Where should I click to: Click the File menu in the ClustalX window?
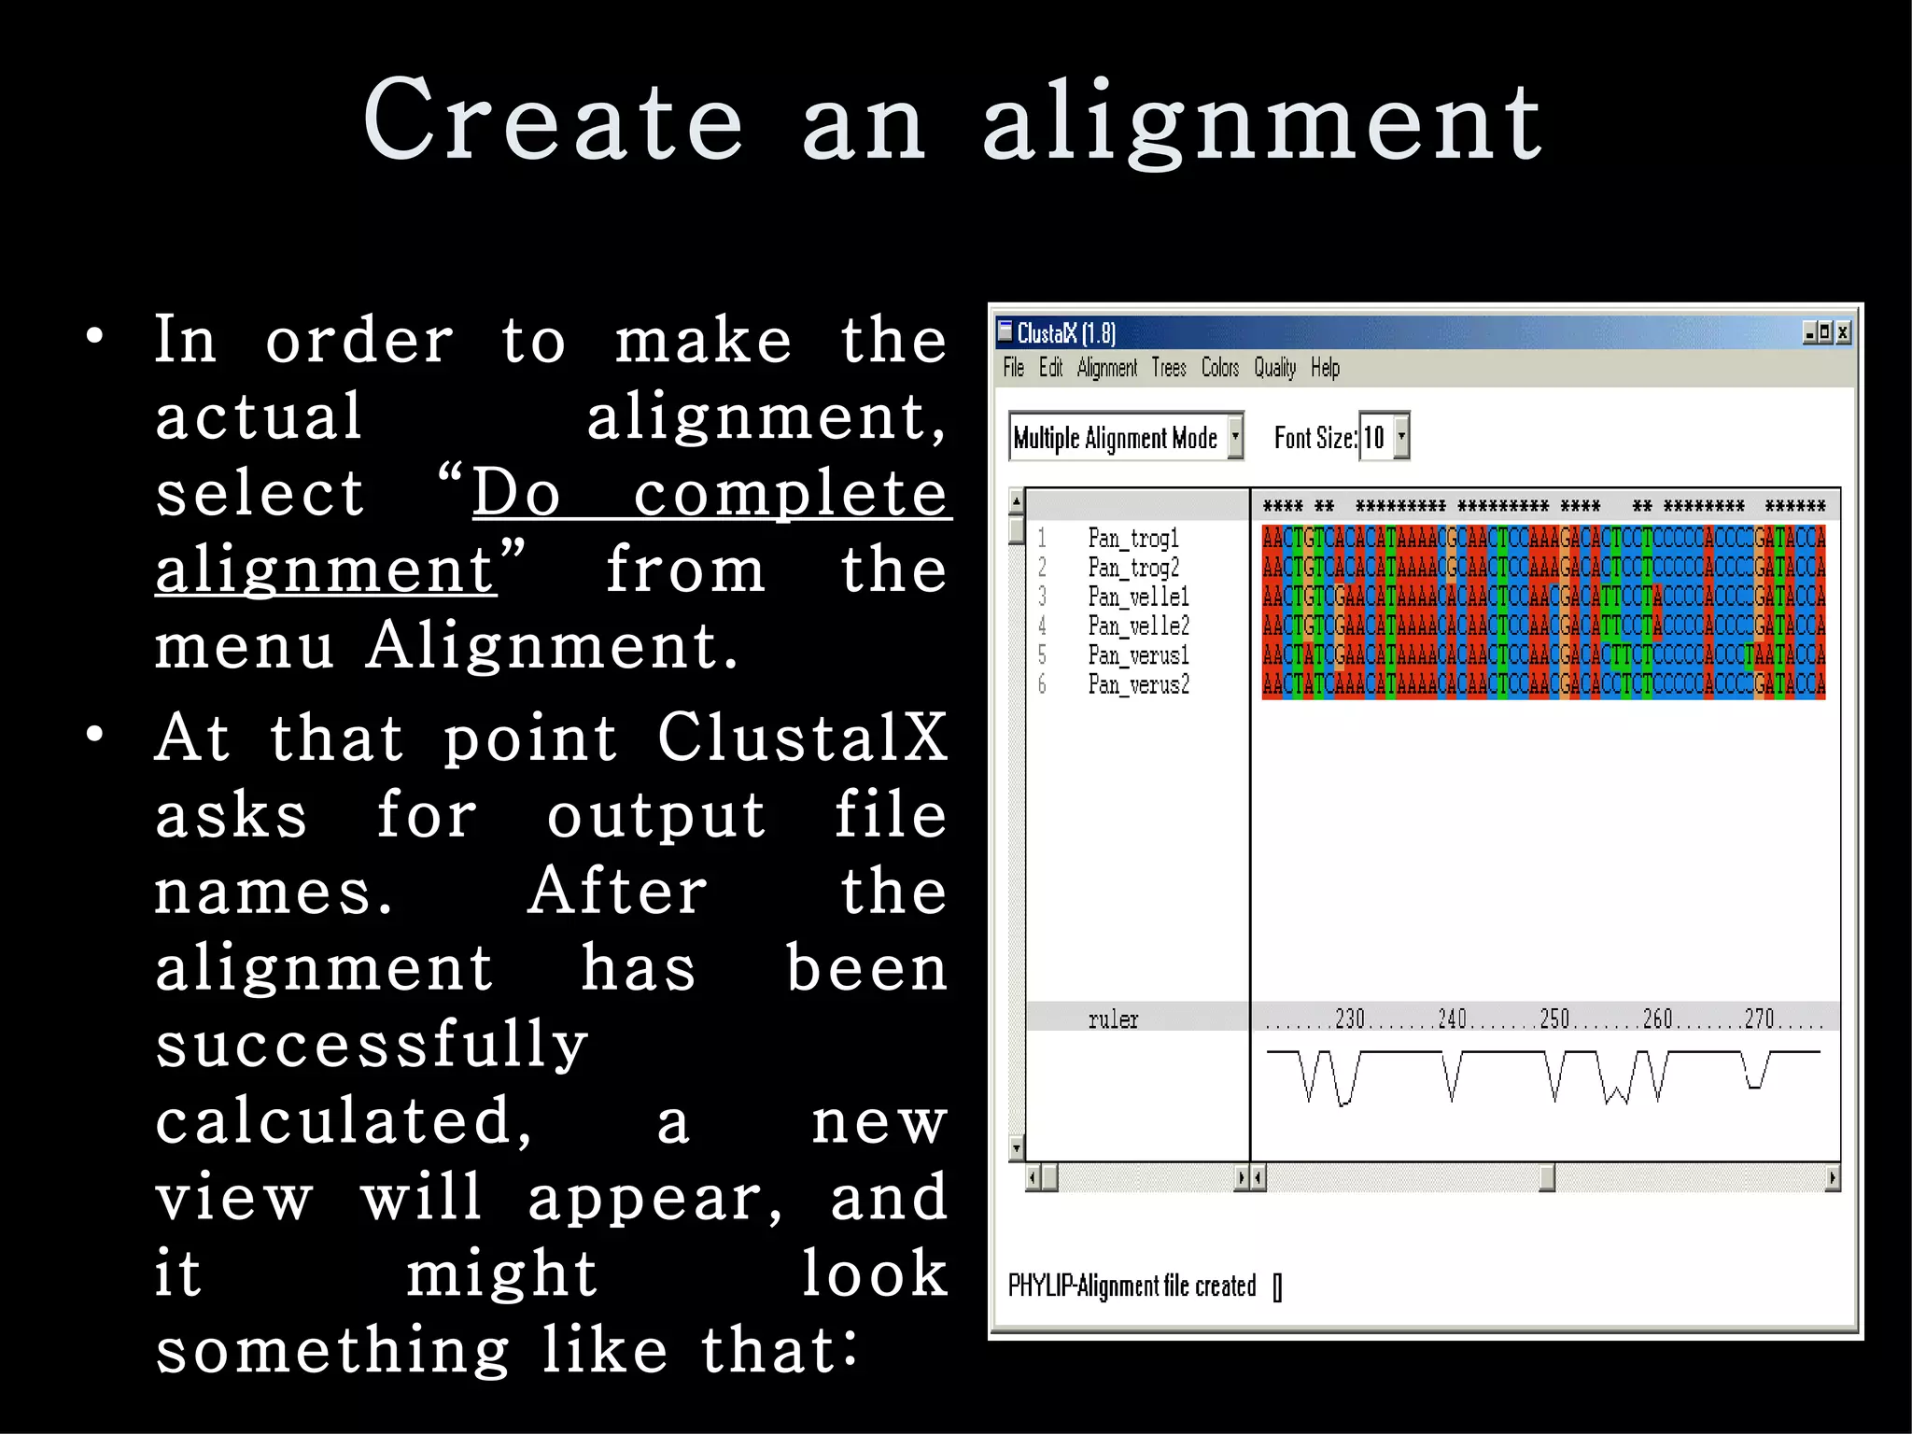click(1013, 368)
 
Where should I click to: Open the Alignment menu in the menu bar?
click(1106, 368)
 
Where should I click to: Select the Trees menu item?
click(1168, 368)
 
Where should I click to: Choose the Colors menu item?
click(1219, 368)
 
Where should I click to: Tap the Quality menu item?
click(1274, 368)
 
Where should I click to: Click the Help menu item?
click(1325, 368)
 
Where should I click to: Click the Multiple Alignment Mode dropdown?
click(1125, 437)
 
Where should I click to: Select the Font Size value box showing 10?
click(1374, 437)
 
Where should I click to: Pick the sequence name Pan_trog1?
click(1133, 538)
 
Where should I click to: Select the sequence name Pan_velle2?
click(1138, 626)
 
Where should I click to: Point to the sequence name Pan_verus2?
click(1138, 684)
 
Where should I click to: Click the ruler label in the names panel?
click(1113, 1019)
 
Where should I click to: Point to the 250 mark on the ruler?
click(1554, 1019)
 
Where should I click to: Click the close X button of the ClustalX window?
click(1842, 332)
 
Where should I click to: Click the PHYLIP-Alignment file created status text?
click(1132, 1286)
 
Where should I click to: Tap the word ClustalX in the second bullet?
click(802, 738)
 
